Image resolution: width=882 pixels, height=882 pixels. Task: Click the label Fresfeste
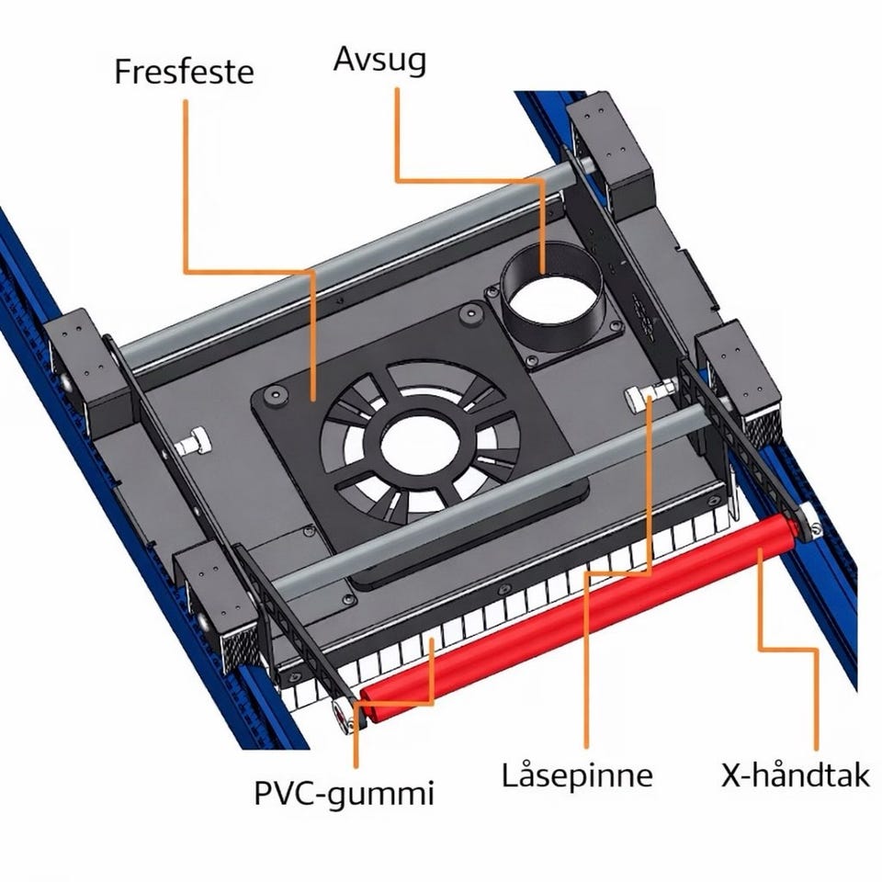click(x=184, y=72)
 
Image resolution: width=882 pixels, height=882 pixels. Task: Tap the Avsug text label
click(x=379, y=60)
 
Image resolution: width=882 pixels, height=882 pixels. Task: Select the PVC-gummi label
click(x=345, y=793)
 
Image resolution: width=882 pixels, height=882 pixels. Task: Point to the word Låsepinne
click(x=577, y=775)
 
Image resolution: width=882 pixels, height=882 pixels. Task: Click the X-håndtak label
click(x=796, y=775)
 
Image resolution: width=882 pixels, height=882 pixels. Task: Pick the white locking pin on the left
click(x=191, y=442)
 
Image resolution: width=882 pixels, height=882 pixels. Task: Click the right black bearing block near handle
click(x=737, y=382)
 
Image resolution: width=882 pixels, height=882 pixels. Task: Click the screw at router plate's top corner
click(x=470, y=313)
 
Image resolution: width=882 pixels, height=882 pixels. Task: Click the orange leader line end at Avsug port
click(x=542, y=274)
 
